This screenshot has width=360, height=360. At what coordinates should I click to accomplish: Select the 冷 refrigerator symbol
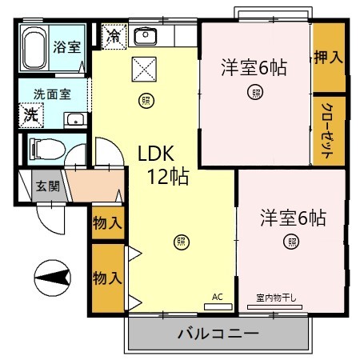coord(114,36)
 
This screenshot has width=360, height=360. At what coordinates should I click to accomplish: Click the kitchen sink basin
coord(146,36)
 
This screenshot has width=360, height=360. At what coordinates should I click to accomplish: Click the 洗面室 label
coord(52,94)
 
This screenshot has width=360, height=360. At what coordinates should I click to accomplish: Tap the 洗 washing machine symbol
coord(30,114)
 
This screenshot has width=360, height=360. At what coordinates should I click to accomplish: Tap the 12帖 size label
coord(167,178)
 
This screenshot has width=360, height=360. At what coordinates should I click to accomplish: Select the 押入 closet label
coord(328,57)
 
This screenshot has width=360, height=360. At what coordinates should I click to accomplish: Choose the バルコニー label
coord(217,332)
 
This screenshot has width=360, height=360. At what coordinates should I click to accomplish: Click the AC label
coord(217,297)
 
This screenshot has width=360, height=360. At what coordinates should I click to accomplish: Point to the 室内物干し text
coord(276,298)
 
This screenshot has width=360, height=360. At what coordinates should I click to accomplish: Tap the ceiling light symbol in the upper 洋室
coord(254,93)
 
